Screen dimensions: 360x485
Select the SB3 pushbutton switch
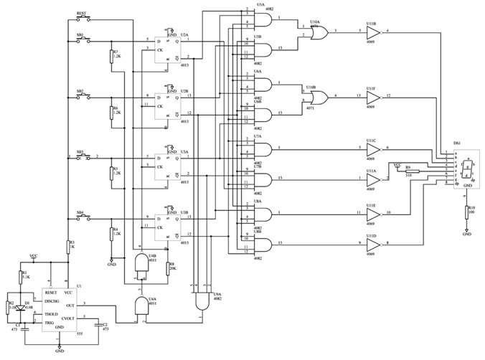83,157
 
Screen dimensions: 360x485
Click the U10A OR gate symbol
316,32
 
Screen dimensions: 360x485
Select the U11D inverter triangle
373,245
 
